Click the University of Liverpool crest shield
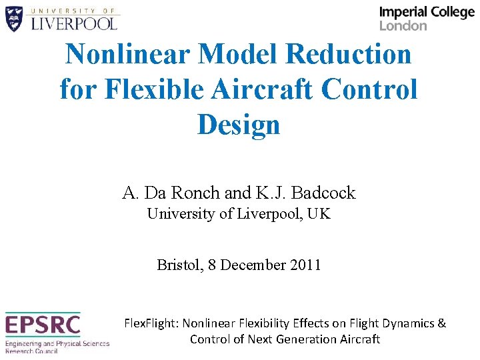15,19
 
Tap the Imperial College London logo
426,19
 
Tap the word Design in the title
238,124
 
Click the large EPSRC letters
43,325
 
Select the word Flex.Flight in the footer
151,323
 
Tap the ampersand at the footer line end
442,323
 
